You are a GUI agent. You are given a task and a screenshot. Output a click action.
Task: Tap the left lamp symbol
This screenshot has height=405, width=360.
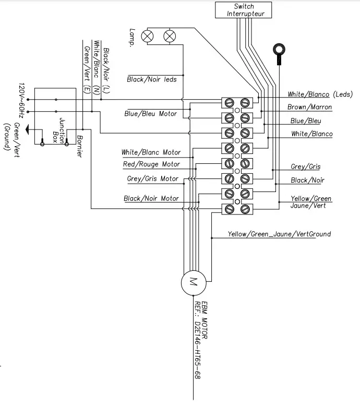pos(149,36)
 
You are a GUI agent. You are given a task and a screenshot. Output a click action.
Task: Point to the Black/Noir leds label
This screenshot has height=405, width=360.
pos(152,79)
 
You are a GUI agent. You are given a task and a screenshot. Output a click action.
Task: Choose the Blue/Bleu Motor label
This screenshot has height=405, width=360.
pos(150,113)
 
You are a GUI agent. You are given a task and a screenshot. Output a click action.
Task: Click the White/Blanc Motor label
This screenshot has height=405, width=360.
pos(151,152)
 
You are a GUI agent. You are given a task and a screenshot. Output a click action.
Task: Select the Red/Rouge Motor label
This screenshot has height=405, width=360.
pos(151,164)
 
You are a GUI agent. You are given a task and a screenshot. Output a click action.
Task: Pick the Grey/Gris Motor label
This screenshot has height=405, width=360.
pos(152,178)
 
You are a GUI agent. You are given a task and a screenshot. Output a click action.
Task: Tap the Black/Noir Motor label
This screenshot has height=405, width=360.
pos(151,198)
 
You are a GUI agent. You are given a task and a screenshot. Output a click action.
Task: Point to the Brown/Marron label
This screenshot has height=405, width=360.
pos(309,107)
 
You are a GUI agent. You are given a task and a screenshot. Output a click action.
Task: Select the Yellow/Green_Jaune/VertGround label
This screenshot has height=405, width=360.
pos(279,234)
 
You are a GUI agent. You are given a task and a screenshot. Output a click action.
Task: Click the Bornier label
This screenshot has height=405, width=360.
pos(79,146)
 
